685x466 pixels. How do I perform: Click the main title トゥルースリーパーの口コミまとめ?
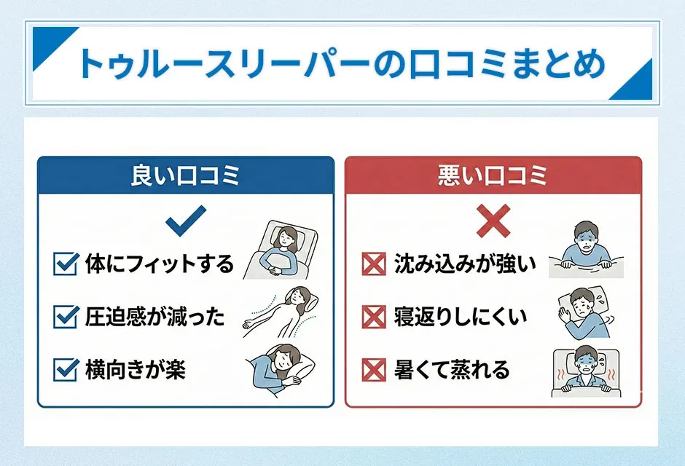pos(341,64)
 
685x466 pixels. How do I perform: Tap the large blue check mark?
pos(186,220)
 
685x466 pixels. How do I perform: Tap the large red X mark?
pos(493,221)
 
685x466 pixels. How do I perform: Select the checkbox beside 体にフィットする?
pos(66,264)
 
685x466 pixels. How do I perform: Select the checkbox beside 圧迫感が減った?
pos(66,317)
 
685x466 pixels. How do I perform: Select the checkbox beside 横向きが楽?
pos(66,370)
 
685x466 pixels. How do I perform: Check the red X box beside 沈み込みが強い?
pos(374,264)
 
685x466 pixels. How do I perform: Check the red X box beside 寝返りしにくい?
pos(374,317)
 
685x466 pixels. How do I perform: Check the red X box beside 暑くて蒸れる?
pos(374,370)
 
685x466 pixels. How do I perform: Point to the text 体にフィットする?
pos(159,264)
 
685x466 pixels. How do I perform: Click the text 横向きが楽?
pos(135,370)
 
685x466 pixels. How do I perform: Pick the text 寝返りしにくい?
pos(460,317)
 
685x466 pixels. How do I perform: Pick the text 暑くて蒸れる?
pos(452,370)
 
